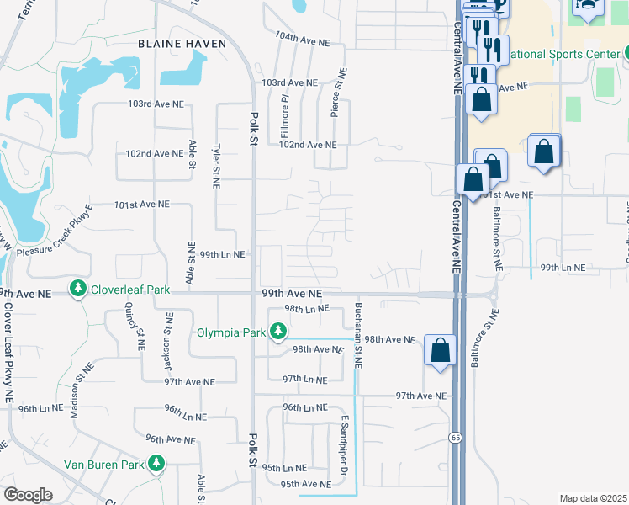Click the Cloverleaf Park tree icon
coord(78,289)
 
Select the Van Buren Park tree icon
coord(156,464)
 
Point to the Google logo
coord(28,494)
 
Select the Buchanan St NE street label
coord(358,335)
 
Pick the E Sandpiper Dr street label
coord(344,447)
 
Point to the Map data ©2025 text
coord(593,498)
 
